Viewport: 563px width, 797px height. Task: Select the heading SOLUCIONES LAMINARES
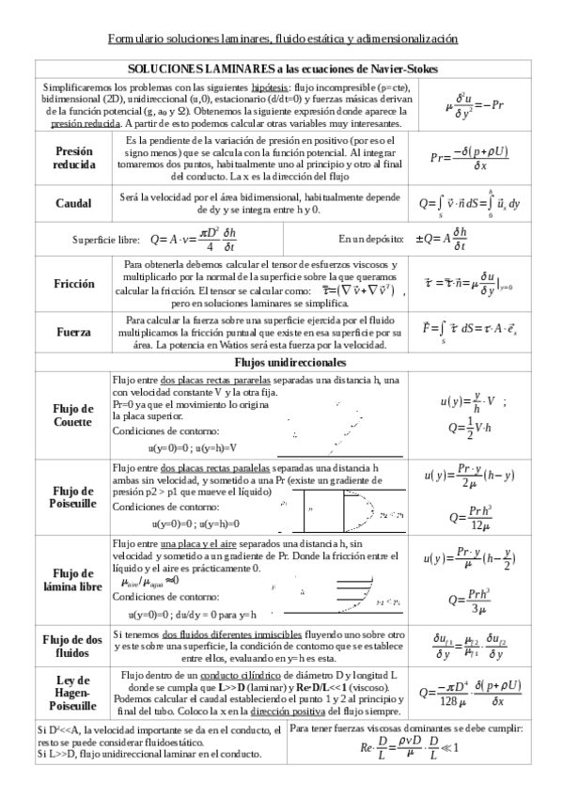click(x=281, y=70)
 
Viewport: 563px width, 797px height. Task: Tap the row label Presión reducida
click(x=74, y=157)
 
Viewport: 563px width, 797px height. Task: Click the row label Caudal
click(x=74, y=203)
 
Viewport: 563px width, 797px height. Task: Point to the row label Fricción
click(x=74, y=281)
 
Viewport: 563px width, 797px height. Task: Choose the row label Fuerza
click(x=74, y=332)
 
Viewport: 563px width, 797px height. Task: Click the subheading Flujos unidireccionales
click(x=281, y=361)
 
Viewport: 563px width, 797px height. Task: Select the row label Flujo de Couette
click(x=74, y=414)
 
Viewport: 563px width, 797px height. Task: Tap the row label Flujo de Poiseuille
click(x=74, y=497)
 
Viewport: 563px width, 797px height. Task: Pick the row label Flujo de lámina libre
click(x=74, y=580)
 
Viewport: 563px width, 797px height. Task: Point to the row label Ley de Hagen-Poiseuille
click(x=74, y=693)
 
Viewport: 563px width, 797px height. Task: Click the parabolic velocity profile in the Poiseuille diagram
click(x=352, y=513)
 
